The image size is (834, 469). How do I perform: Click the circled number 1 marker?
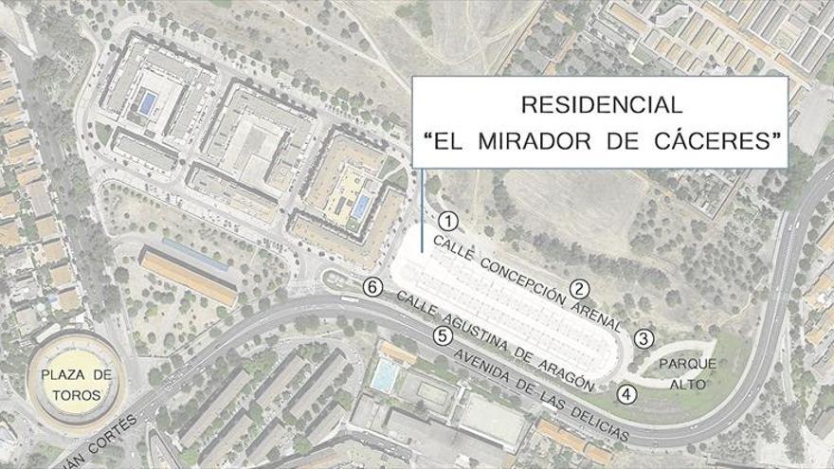pyautogui.click(x=448, y=222)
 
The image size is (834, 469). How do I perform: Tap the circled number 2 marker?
pyautogui.click(x=578, y=290)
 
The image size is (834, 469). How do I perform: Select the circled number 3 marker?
pyautogui.click(x=644, y=338)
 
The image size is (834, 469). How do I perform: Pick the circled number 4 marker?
pyautogui.click(x=625, y=394)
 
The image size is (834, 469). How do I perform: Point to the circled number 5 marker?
pyautogui.click(x=441, y=335)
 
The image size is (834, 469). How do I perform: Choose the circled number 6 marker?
pyautogui.click(x=373, y=287)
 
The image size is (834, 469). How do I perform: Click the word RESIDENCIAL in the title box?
pyautogui.click(x=601, y=104)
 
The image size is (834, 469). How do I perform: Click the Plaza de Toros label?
pyautogui.click(x=76, y=384)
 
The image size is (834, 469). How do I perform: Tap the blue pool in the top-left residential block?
pyautogui.click(x=147, y=102)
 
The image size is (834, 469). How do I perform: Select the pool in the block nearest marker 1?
pyautogui.click(x=361, y=205)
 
